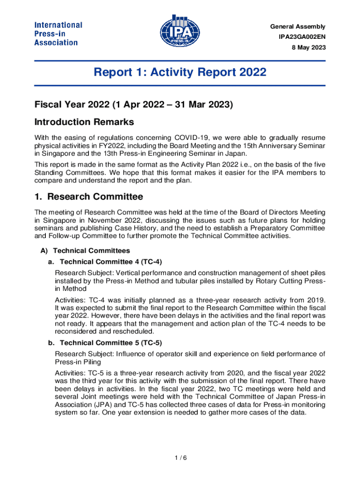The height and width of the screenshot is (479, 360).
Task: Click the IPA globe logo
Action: pyautogui.click(x=180, y=32)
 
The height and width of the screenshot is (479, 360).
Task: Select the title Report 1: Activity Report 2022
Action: pyautogui.click(x=180, y=73)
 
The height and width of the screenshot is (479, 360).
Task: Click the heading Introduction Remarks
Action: pyautogui.click(x=84, y=122)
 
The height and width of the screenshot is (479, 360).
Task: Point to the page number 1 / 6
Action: pyautogui.click(x=180, y=457)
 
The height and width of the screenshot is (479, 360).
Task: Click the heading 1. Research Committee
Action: pyautogui.click(x=89, y=196)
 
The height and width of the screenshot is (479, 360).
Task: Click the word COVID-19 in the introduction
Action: pyautogui.click(x=192, y=138)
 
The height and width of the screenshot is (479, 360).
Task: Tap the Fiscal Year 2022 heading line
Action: pyautogui.click(x=133, y=104)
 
